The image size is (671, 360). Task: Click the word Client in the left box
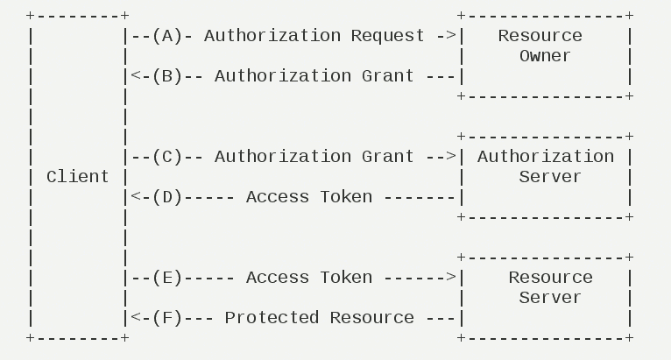pyautogui.click(x=78, y=177)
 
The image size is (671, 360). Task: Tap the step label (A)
pyautogui.click(x=166, y=36)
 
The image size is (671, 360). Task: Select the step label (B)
pyautogui.click(x=166, y=76)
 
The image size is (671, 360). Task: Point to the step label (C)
pyautogui.click(x=166, y=157)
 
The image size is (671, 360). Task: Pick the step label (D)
pyautogui.click(x=166, y=197)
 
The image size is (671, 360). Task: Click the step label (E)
pyautogui.click(x=166, y=278)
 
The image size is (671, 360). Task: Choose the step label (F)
pyautogui.click(x=166, y=318)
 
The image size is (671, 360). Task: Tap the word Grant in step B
pyautogui.click(x=388, y=76)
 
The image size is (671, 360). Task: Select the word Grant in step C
pyautogui.click(x=388, y=157)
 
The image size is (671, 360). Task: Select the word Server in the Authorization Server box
pyautogui.click(x=544, y=177)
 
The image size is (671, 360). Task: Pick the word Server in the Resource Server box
pyautogui.click(x=544, y=298)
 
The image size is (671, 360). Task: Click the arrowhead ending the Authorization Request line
pyautogui.click(x=451, y=36)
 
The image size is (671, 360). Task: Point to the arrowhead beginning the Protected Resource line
pyautogui.click(x=135, y=318)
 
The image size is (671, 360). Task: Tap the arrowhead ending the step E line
pyautogui.click(x=451, y=278)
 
